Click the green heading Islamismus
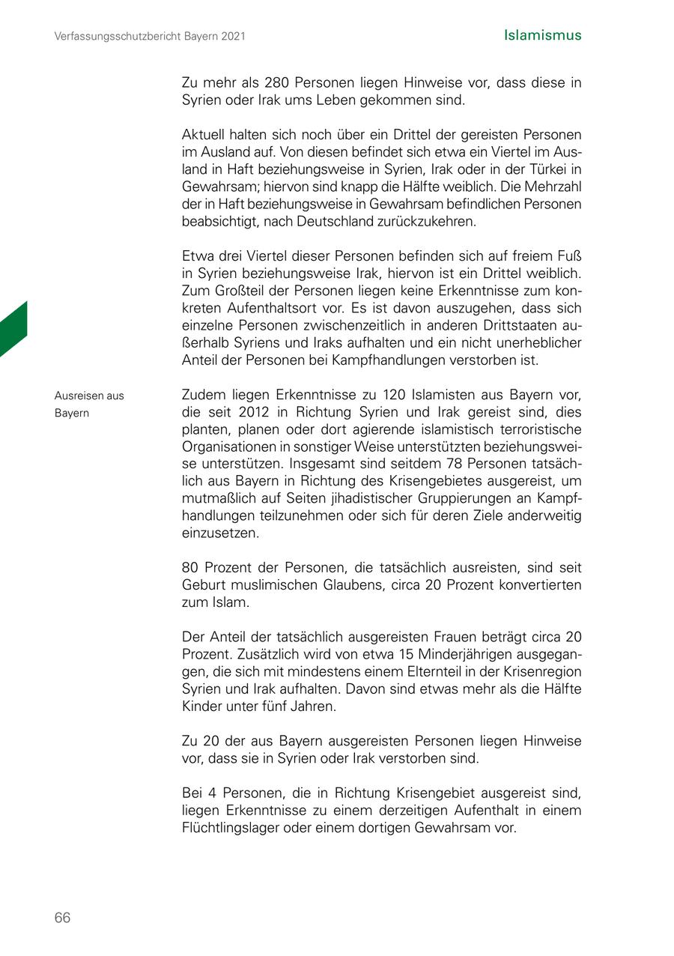[x=542, y=35]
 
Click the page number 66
[x=62, y=918]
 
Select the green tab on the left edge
[x=13, y=330]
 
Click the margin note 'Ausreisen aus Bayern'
[x=89, y=405]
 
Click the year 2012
[x=253, y=412]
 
